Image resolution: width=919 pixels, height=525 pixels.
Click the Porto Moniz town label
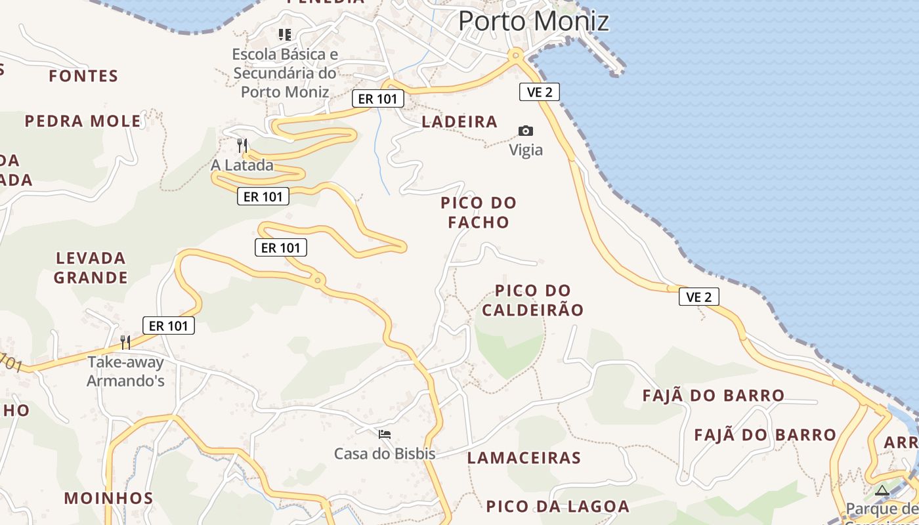(533, 21)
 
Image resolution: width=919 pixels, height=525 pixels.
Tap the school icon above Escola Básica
(285, 34)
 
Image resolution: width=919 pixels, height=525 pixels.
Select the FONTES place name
(83, 76)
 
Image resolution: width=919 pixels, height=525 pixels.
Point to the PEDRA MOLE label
(83, 121)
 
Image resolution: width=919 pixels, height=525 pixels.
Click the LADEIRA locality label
(460, 121)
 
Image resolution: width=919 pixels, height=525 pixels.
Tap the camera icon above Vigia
(526, 131)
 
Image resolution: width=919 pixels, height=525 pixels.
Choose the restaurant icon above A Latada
(242, 144)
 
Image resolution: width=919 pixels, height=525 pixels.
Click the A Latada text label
(242, 165)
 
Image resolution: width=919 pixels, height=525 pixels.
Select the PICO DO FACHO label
(479, 213)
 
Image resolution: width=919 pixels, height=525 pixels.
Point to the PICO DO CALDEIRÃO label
(532, 301)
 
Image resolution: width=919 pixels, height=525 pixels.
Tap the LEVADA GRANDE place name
(91, 268)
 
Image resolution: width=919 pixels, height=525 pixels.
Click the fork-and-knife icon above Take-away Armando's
(125, 342)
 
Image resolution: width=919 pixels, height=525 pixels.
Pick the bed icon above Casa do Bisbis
(385, 434)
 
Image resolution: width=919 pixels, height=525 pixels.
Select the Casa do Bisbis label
(385, 453)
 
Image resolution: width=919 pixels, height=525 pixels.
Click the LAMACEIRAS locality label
(524, 458)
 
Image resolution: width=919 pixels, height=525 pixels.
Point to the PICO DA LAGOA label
(558, 507)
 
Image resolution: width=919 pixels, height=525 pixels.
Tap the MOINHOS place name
(108, 498)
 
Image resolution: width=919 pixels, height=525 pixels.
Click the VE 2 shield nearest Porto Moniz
(540, 92)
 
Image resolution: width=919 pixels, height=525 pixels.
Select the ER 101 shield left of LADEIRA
(377, 99)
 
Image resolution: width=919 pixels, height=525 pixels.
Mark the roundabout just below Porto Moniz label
(516, 55)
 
